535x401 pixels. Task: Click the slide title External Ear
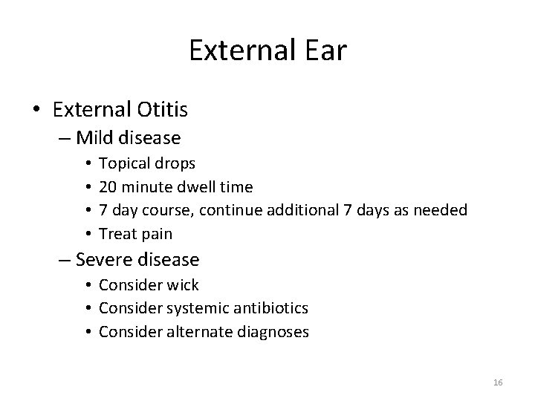[x=267, y=50]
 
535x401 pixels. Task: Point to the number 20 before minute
[x=108, y=187]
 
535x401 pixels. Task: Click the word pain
[x=157, y=234]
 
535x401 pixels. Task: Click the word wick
[x=184, y=285]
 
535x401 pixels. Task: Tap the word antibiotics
[x=270, y=307]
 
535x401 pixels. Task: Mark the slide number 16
[x=498, y=382]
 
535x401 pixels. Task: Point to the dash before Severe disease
[x=64, y=260]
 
